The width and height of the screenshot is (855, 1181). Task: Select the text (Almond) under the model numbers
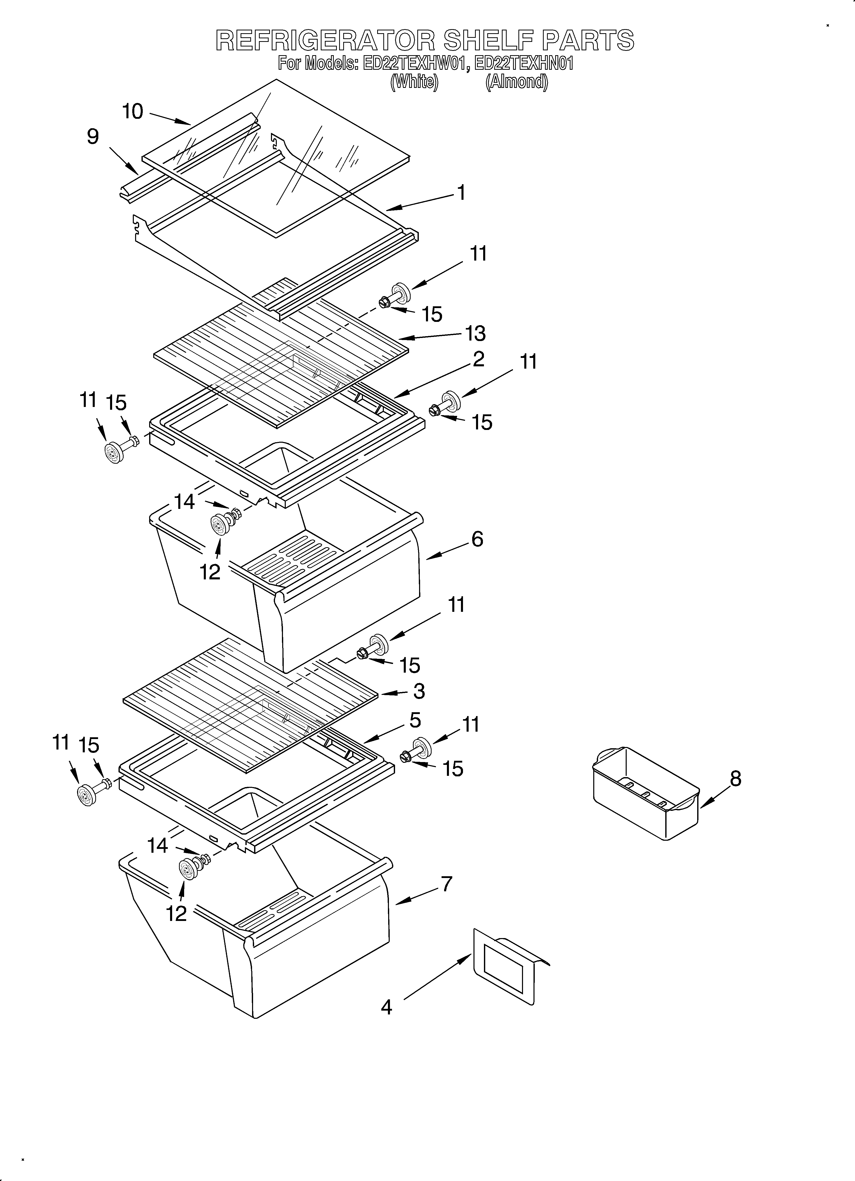click(517, 82)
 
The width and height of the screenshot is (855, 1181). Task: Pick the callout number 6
click(477, 539)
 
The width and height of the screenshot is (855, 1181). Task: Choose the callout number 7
click(446, 884)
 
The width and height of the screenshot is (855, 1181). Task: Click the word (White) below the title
click(414, 82)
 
